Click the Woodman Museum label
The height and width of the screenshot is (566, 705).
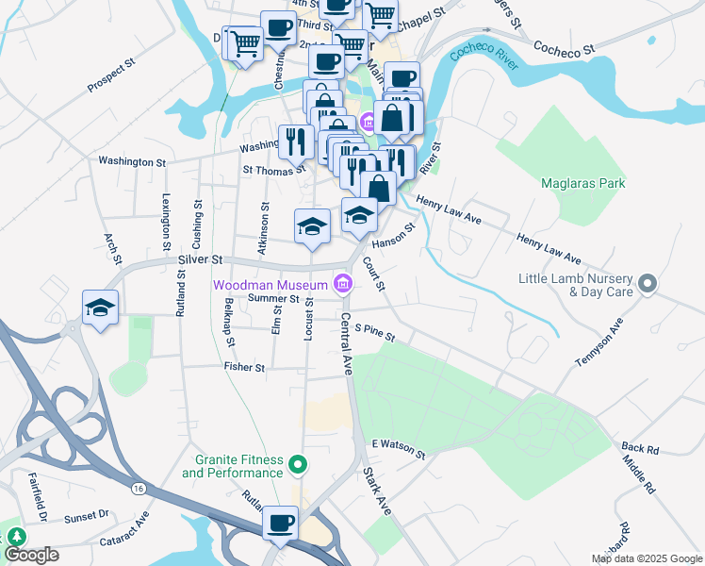coord(270,283)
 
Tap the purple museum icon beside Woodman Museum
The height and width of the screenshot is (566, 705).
coord(342,283)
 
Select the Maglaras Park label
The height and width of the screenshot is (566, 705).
coord(582,183)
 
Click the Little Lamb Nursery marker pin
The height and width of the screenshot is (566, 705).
coord(647,283)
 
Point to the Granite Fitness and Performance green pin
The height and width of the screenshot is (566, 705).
coord(299,464)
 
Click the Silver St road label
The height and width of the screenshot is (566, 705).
coord(199,258)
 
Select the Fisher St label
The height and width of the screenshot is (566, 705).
coord(244,366)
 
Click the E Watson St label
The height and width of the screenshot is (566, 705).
coord(399,449)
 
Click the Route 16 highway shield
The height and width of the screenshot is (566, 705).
coord(139,488)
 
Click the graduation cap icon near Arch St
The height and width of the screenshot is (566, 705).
coord(100,308)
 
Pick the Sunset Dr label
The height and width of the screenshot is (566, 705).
coord(87,517)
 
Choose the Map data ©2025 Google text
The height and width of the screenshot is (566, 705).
coord(646,558)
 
